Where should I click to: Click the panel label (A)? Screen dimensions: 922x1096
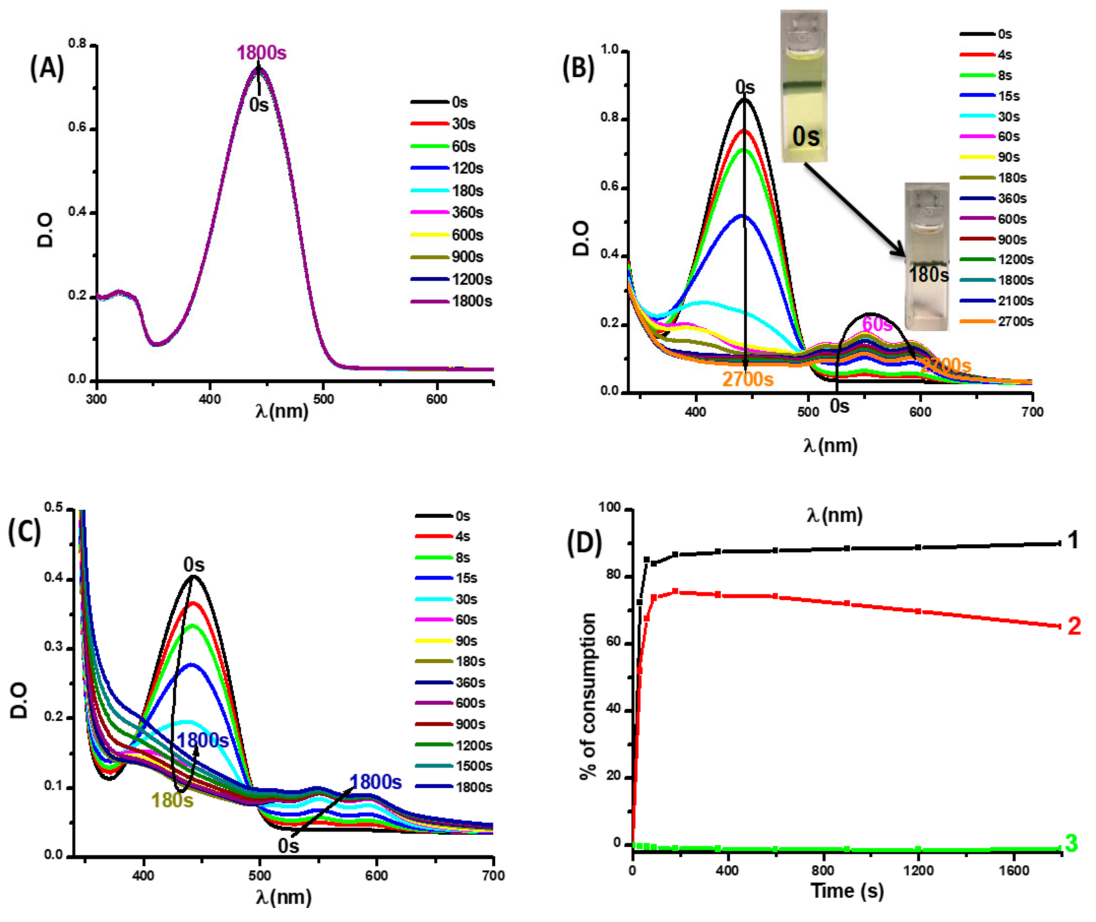47,67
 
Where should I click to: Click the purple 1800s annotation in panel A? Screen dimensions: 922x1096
261,53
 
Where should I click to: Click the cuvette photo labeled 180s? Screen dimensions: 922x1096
927,256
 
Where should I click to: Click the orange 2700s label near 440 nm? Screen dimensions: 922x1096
748,379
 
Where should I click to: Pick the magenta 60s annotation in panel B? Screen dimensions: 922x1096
877,324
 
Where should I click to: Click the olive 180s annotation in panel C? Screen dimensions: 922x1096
172,801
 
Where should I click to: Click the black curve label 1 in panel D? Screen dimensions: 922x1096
1073,540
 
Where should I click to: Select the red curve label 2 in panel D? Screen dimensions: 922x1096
1074,626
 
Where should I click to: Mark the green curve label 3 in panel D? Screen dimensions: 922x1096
1071,844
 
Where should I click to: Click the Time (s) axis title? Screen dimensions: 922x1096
847,891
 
